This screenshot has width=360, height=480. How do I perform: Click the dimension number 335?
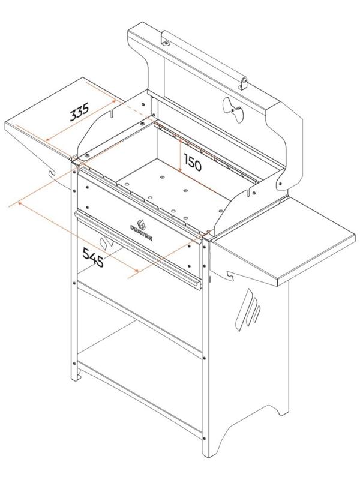[80, 112]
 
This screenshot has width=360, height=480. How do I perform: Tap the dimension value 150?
[193, 164]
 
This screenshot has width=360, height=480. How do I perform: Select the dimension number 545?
[94, 257]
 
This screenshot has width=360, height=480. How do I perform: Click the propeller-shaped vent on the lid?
[233, 109]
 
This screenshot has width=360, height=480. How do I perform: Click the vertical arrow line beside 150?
[182, 156]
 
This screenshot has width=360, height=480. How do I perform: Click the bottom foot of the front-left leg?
[76, 377]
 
